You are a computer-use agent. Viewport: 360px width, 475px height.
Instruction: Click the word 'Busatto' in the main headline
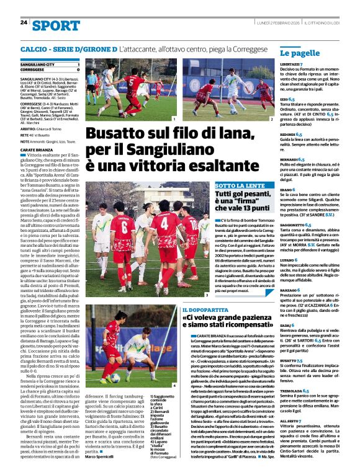(x=118, y=133)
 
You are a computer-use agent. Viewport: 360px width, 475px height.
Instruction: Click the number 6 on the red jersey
(x=124, y=228)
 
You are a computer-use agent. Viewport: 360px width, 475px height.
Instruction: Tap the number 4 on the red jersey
(x=163, y=221)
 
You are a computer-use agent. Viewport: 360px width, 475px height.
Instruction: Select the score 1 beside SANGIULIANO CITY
(x=78, y=64)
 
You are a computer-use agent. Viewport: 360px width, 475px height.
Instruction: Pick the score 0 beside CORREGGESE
(x=78, y=69)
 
